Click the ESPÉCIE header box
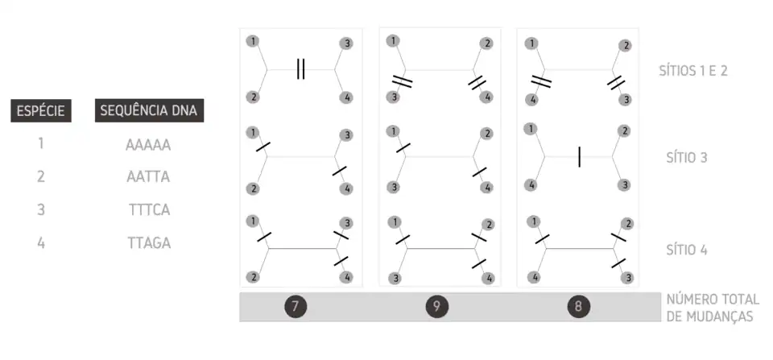[x=41, y=110]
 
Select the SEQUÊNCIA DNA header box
[x=149, y=110]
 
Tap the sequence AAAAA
[x=148, y=145]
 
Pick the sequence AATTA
[x=148, y=176]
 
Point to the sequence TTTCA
[x=150, y=210]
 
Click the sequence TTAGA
[x=149, y=243]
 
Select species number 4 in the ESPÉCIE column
[x=41, y=243]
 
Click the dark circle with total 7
[x=296, y=307]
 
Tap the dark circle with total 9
[x=436, y=307]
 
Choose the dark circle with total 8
[x=578, y=307]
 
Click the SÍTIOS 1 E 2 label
[x=693, y=71]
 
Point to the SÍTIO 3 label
[x=687, y=158]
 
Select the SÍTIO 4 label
[x=687, y=250]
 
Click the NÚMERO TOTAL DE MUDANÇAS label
[x=713, y=308]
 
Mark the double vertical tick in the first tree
[x=300, y=69]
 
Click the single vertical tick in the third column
[x=579, y=157]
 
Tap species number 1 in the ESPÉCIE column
[x=41, y=144]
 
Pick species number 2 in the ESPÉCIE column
[x=41, y=176]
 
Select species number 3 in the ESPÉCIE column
[x=41, y=210]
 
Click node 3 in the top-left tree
[x=346, y=43]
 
